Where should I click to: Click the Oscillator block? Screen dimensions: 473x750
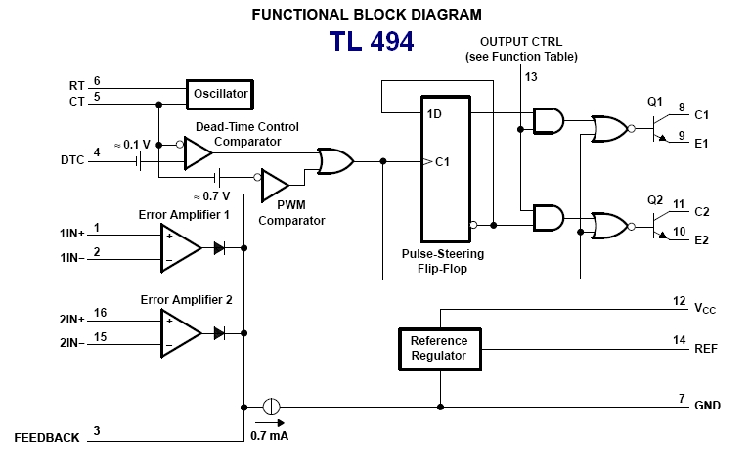click(x=220, y=94)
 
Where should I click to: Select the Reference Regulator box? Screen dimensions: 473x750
click(x=439, y=348)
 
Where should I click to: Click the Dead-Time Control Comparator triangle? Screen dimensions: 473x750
click(x=198, y=152)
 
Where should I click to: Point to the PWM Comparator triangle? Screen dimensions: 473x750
click(x=275, y=184)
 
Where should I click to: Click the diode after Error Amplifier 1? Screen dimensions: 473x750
click(x=219, y=248)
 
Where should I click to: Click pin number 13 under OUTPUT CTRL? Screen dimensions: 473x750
click(x=531, y=76)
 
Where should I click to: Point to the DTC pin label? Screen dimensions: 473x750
click(x=72, y=158)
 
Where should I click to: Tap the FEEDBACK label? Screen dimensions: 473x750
click(x=47, y=438)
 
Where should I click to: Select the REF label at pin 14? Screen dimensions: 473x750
click(x=706, y=348)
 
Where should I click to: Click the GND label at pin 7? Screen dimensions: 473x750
click(x=707, y=405)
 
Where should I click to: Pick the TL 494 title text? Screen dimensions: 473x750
click(x=371, y=42)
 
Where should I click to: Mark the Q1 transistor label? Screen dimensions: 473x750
click(x=654, y=101)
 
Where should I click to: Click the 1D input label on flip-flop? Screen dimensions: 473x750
click(x=436, y=113)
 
